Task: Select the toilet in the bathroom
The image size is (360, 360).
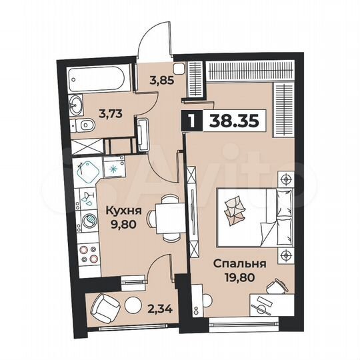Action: pyautogui.click(x=85, y=126)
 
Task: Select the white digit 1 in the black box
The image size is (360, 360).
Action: pyautogui.click(x=192, y=122)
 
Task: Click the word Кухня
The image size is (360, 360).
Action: pyautogui.click(x=121, y=213)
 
